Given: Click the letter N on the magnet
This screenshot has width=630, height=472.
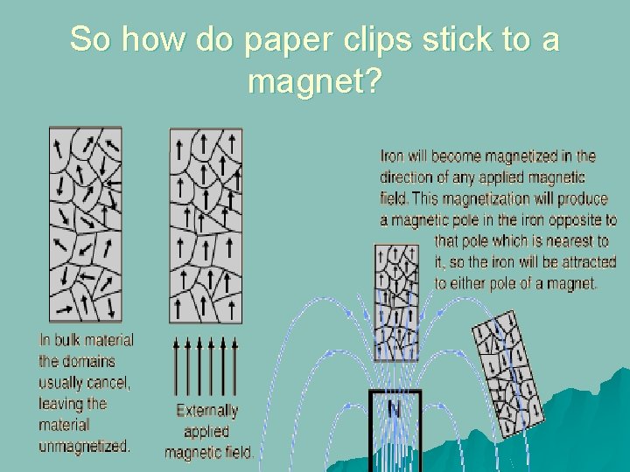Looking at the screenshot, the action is [x=395, y=409].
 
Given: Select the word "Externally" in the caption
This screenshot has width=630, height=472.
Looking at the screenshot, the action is [x=207, y=411].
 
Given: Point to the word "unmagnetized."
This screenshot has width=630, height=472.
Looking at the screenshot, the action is [x=84, y=446].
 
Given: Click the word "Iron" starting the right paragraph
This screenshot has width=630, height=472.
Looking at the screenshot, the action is [x=392, y=157].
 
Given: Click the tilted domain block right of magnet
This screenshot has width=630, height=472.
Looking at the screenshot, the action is [x=507, y=373].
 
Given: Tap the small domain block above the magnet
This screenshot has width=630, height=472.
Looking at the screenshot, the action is [x=395, y=302].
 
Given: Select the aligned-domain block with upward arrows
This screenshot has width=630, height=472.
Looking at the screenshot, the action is [x=206, y=225].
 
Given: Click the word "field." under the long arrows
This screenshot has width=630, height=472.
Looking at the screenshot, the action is [x=236, y=453].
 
